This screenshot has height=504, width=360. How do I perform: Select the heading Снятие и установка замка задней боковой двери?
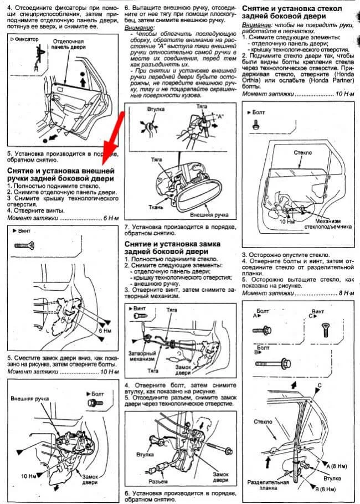click(173, 247)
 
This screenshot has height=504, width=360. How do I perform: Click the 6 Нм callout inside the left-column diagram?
click(104, 330)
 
